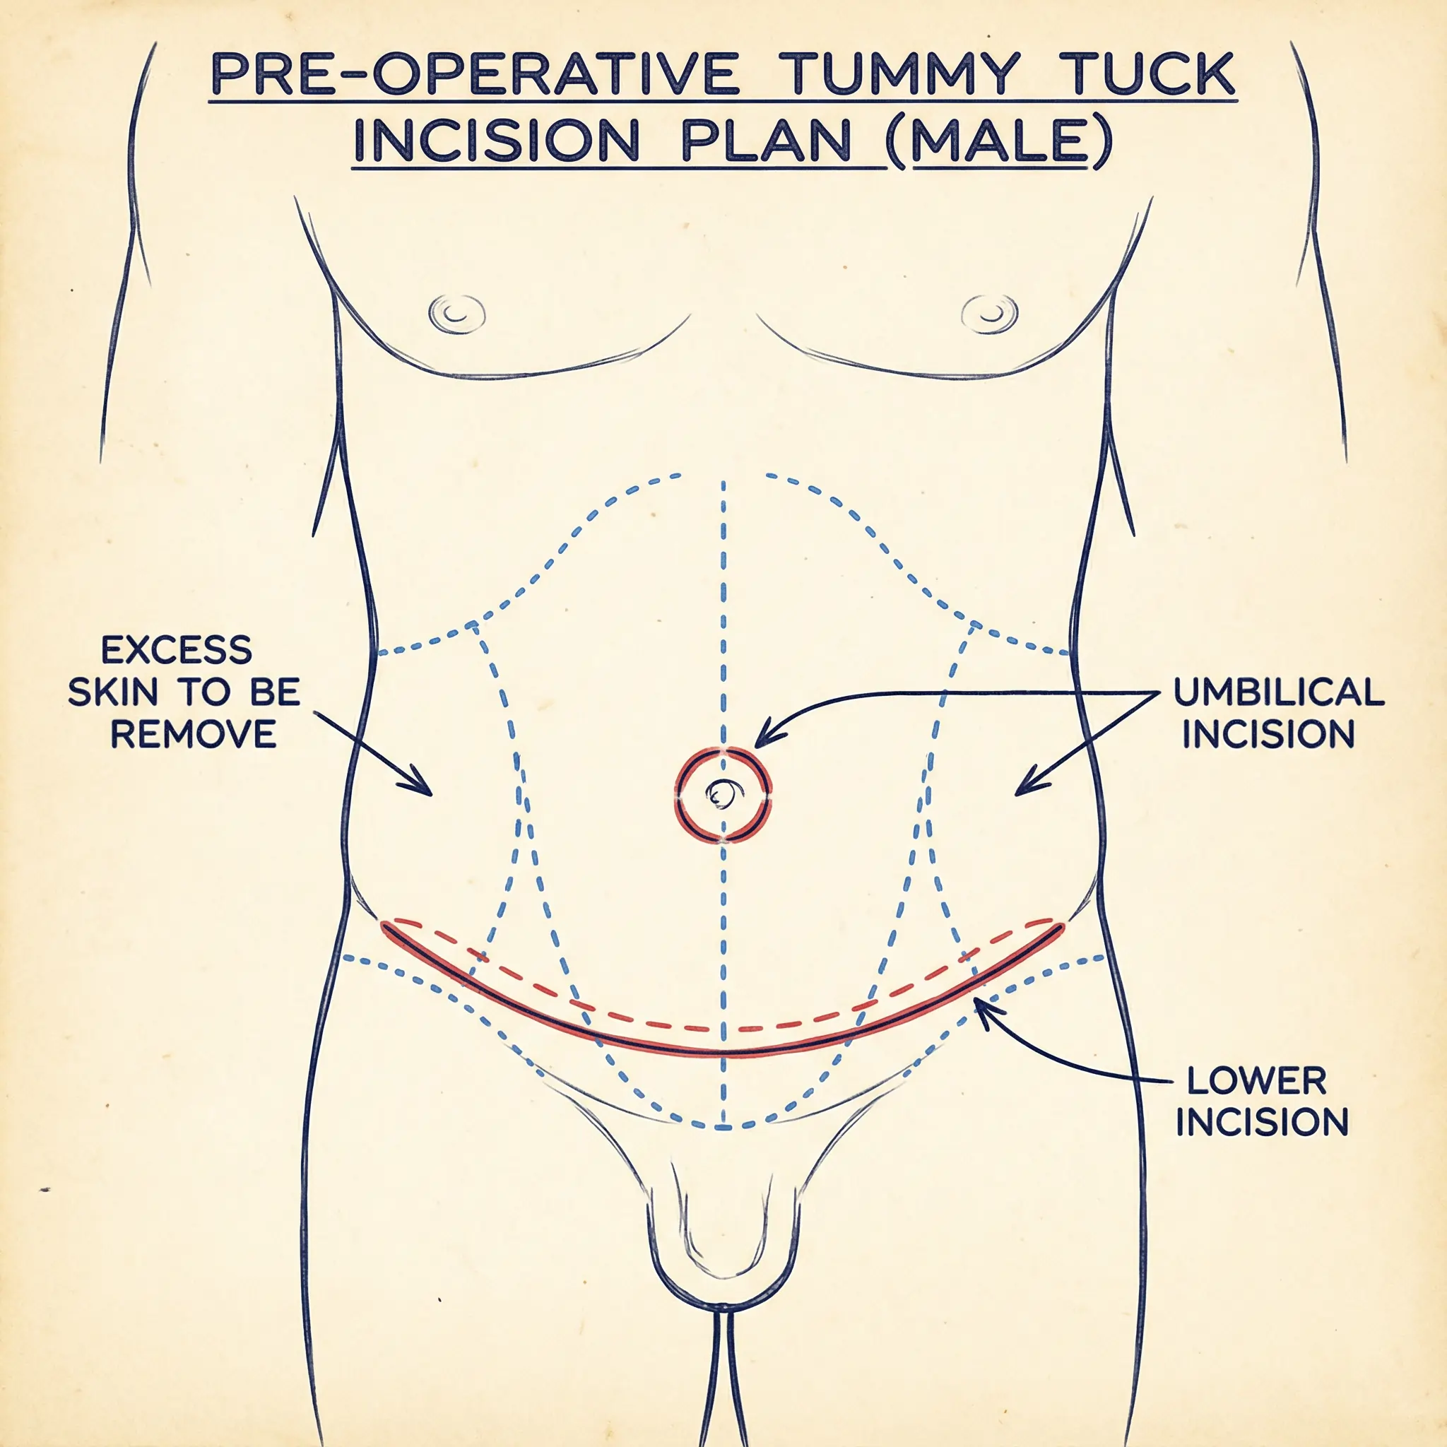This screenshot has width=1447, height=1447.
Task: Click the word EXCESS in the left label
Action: (x=177, y=650)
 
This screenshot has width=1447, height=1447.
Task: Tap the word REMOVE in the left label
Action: (x=193, y=735)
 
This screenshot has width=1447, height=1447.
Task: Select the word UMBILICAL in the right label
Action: (x=1278, y=693)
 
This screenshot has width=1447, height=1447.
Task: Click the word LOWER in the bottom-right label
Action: (x=1257, y=1081)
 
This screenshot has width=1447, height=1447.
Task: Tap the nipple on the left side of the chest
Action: (x=457, y=312)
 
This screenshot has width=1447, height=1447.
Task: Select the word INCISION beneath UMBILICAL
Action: (x=1269, y=735)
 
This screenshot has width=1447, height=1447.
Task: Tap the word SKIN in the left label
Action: (x=112, y=693)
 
